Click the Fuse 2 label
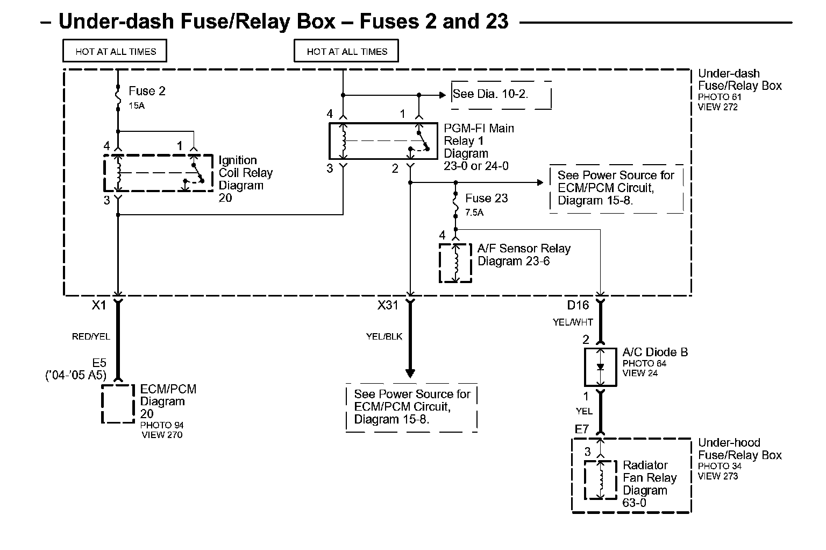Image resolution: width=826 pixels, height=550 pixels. (147, 91)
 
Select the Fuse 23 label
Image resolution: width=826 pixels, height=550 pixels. (486, 198)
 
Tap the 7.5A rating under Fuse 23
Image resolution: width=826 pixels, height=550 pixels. (474, 213)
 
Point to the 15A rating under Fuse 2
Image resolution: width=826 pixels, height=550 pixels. (137, 106)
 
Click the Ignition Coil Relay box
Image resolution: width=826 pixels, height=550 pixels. (158, 173)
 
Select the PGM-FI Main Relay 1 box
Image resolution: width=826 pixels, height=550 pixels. (383, 141)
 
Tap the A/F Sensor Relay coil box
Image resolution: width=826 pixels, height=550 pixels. (455, 263)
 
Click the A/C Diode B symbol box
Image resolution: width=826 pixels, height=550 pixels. (601, 367)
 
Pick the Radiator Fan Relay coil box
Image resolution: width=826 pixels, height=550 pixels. (601, 480)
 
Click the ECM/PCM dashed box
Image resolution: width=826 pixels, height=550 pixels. (118, 404)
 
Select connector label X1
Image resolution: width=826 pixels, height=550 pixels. (99, 305)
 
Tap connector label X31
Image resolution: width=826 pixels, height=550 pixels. (388, 305)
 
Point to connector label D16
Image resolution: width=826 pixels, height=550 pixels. (578, 305)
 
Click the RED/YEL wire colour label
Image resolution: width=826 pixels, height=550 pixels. (91, 337)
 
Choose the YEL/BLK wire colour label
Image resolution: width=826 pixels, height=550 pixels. (384, 337)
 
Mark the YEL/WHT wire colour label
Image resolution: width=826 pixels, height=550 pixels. (573, 322)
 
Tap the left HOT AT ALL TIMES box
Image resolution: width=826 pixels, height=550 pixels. (115, 52)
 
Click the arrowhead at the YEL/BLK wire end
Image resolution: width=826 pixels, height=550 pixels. (410, 373)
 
